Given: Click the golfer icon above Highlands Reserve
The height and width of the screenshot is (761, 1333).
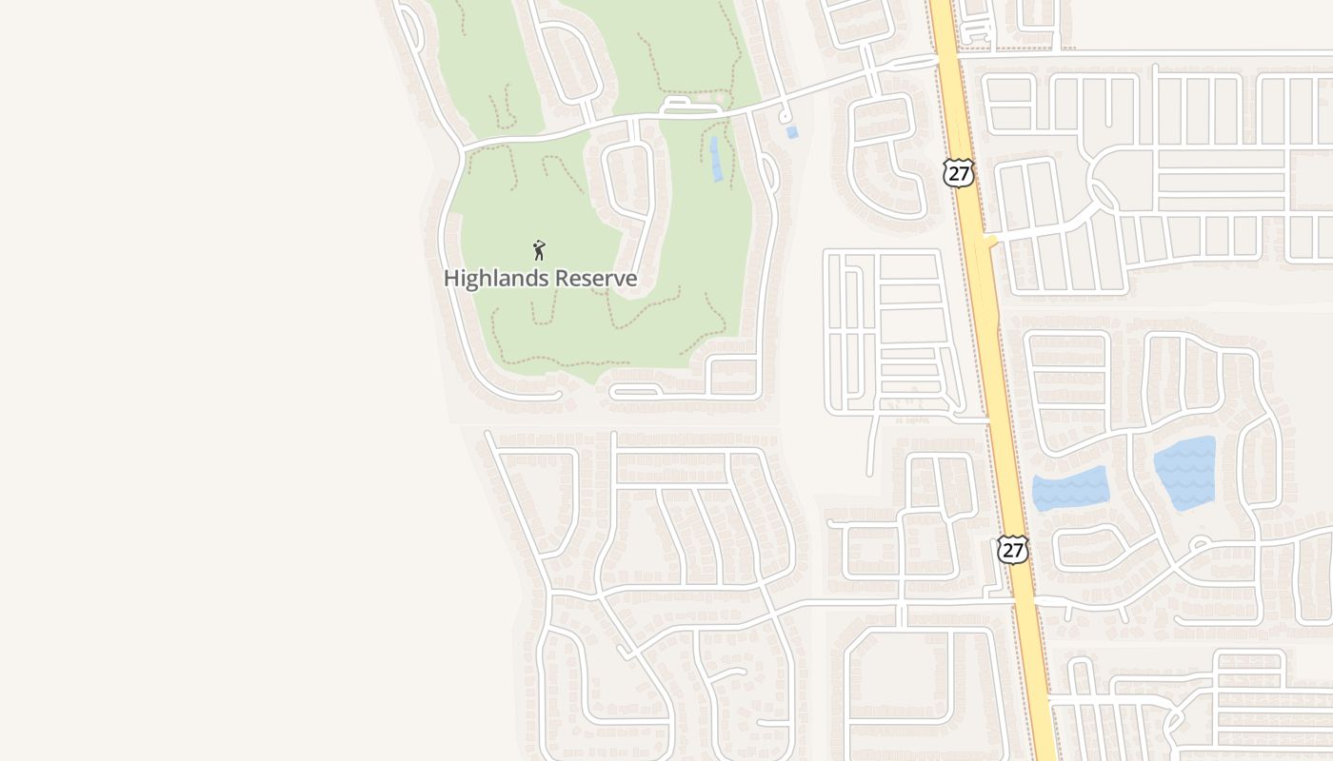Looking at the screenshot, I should click(539, 250).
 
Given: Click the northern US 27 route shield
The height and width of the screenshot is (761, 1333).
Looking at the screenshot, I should click(958, 172).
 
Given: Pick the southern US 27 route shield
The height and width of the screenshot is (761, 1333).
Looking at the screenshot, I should click(1012, 549).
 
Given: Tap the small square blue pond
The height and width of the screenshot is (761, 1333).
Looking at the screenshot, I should click(792, 132).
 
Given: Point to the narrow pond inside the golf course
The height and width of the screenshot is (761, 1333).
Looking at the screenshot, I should click(716, 159).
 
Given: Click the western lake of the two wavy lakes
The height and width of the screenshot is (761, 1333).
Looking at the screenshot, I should click(1070, 489).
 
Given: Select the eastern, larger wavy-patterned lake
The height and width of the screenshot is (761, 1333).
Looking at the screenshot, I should click(1185, 472).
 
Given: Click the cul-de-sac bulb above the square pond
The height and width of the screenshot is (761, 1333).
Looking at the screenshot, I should click(786, 116).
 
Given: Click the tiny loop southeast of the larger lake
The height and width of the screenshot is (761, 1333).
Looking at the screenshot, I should click(1202, 545).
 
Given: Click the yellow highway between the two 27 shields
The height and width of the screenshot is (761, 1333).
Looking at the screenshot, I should click(985, 361).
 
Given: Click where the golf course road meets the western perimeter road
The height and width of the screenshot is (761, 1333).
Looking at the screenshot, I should click(464, 149).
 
